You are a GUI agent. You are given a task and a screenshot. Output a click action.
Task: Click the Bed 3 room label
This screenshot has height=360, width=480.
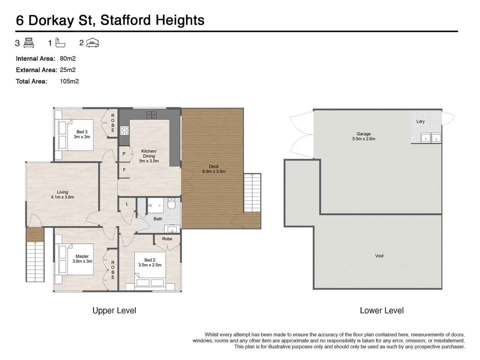[x=82, y=134]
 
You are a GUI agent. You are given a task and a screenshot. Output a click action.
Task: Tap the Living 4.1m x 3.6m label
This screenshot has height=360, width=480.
[x=62, y=195]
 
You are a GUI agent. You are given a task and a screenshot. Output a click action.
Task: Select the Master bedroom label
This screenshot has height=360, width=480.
[x=82, y=259]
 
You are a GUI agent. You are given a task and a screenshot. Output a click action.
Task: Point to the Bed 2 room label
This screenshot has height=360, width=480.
[x=150, y=262]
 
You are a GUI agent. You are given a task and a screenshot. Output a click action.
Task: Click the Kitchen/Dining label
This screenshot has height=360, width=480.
[x=149, y=156]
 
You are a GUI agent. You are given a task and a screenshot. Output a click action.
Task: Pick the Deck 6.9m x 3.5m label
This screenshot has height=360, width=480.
[x=214, y=169]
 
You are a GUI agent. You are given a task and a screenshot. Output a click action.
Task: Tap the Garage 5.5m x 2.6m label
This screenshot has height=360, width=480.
[x=363, y=136]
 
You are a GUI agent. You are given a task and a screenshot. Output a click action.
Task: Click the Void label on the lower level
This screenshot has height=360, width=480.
[x=379, y=256]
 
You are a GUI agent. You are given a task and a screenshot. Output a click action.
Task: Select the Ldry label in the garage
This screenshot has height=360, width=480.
[x=420, y=122]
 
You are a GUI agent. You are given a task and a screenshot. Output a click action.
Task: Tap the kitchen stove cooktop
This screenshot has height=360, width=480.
[x=124, y=130]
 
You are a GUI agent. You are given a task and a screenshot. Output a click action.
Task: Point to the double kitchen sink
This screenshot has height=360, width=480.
[x=152, y=115]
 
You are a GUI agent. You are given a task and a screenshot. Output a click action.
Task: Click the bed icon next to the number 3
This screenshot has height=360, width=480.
[x=29, y=43]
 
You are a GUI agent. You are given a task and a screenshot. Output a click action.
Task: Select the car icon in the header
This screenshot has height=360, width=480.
[x=92, y=43]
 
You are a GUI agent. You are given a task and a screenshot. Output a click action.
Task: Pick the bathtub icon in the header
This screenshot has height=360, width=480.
[x=60, y=43]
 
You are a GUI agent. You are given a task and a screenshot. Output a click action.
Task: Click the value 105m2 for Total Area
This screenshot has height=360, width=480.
[x=69, y=81]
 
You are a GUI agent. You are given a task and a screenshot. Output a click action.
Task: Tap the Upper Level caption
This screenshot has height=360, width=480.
[x=114, y=311]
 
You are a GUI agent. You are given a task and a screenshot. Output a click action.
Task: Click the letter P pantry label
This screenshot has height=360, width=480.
[x=124, y=154]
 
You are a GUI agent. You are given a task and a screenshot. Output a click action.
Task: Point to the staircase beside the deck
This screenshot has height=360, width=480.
[x=252, y=193]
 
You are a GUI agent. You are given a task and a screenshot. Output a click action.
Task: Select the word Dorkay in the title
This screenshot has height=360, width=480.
[x=51, y=20]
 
